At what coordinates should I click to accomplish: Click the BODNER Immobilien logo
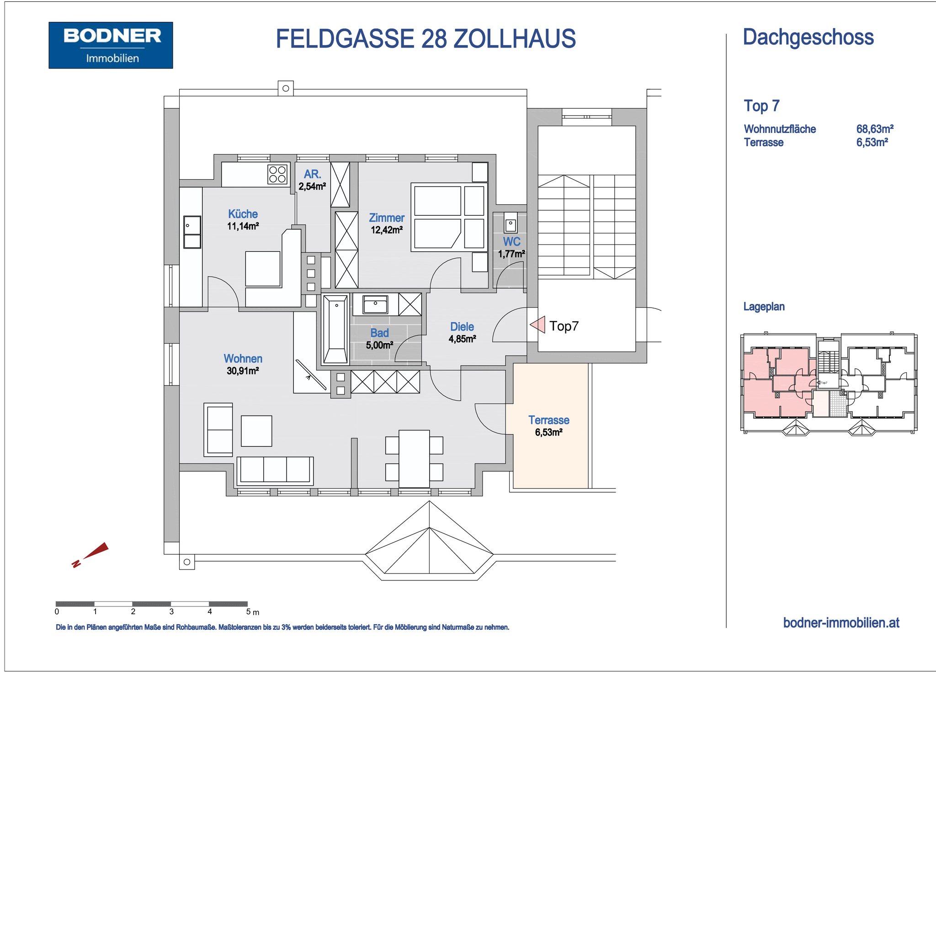[x=111, y=45]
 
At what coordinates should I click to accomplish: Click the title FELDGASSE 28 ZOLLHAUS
[x=425, y=39]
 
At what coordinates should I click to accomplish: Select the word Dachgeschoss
[x=808, y=37]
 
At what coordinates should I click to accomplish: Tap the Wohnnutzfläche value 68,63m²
[x=874, y=129]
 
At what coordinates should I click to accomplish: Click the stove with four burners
[x=277, y=175]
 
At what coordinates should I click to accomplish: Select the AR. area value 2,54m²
[x=312, y=186]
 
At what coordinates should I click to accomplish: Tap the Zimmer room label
[x=387, y=218]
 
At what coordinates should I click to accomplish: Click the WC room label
[x=511, y=241]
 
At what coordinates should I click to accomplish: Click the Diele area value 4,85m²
[x=462, y=339]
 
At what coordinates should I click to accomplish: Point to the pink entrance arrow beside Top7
[x=538, y=324]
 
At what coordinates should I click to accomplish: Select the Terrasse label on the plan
[x=548, y=420]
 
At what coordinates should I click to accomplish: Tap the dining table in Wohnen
[x=414, y=458]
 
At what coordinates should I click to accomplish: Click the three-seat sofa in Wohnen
[x=275, y=470]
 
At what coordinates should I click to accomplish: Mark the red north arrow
[x=90, y=554]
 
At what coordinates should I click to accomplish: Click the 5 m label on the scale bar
[x=252, y=612]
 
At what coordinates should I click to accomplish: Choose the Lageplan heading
[x=764, y=306]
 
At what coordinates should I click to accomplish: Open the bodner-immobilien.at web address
[x=841, y=622]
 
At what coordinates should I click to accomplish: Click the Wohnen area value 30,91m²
[x=243, y=371]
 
